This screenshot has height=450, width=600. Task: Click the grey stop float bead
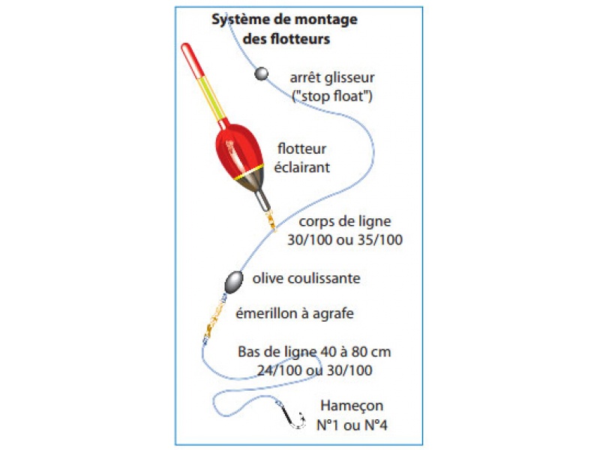click(262, 73)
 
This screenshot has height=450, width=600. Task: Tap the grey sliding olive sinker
click(235, 281)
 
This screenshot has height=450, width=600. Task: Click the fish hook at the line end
click(295, 418)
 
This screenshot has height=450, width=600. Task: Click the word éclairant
click(303, 167)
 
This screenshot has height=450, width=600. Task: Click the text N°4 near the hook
click(373, 425)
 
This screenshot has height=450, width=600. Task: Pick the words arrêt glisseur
click(331, 77)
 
